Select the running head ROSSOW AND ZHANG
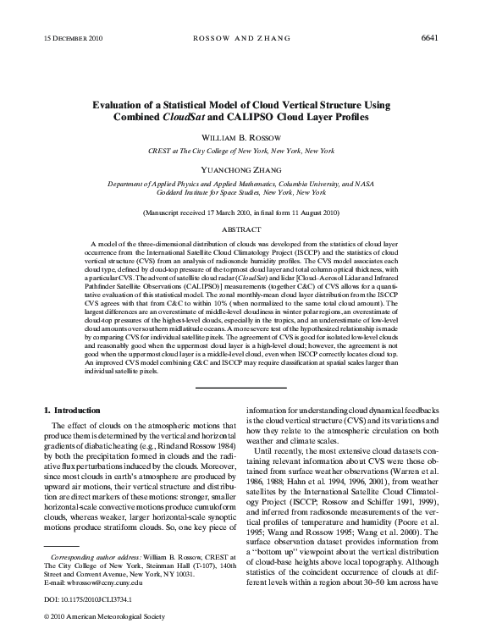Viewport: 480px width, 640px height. tap(240, 39)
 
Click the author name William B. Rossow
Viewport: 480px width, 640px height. tap(240, 136)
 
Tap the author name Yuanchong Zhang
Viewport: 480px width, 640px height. tap(240, 168)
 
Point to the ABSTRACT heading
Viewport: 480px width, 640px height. tap(240, 229)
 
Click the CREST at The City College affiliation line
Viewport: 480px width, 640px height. tap(240, 149)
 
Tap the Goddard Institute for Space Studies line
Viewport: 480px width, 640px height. tap(240, 191)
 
